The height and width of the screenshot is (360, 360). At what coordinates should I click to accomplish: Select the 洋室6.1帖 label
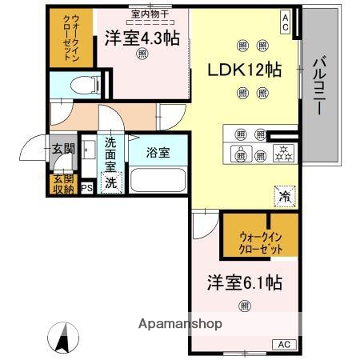(x=244, y=282)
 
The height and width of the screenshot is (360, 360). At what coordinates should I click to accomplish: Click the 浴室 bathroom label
(x=157, y=152)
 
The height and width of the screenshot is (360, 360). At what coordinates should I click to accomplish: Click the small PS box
(x=87, y=189)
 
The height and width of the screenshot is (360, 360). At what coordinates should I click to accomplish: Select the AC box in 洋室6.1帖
(x=283, y=343)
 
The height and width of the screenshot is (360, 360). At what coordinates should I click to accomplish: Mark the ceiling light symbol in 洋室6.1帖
(x=244, y=305)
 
